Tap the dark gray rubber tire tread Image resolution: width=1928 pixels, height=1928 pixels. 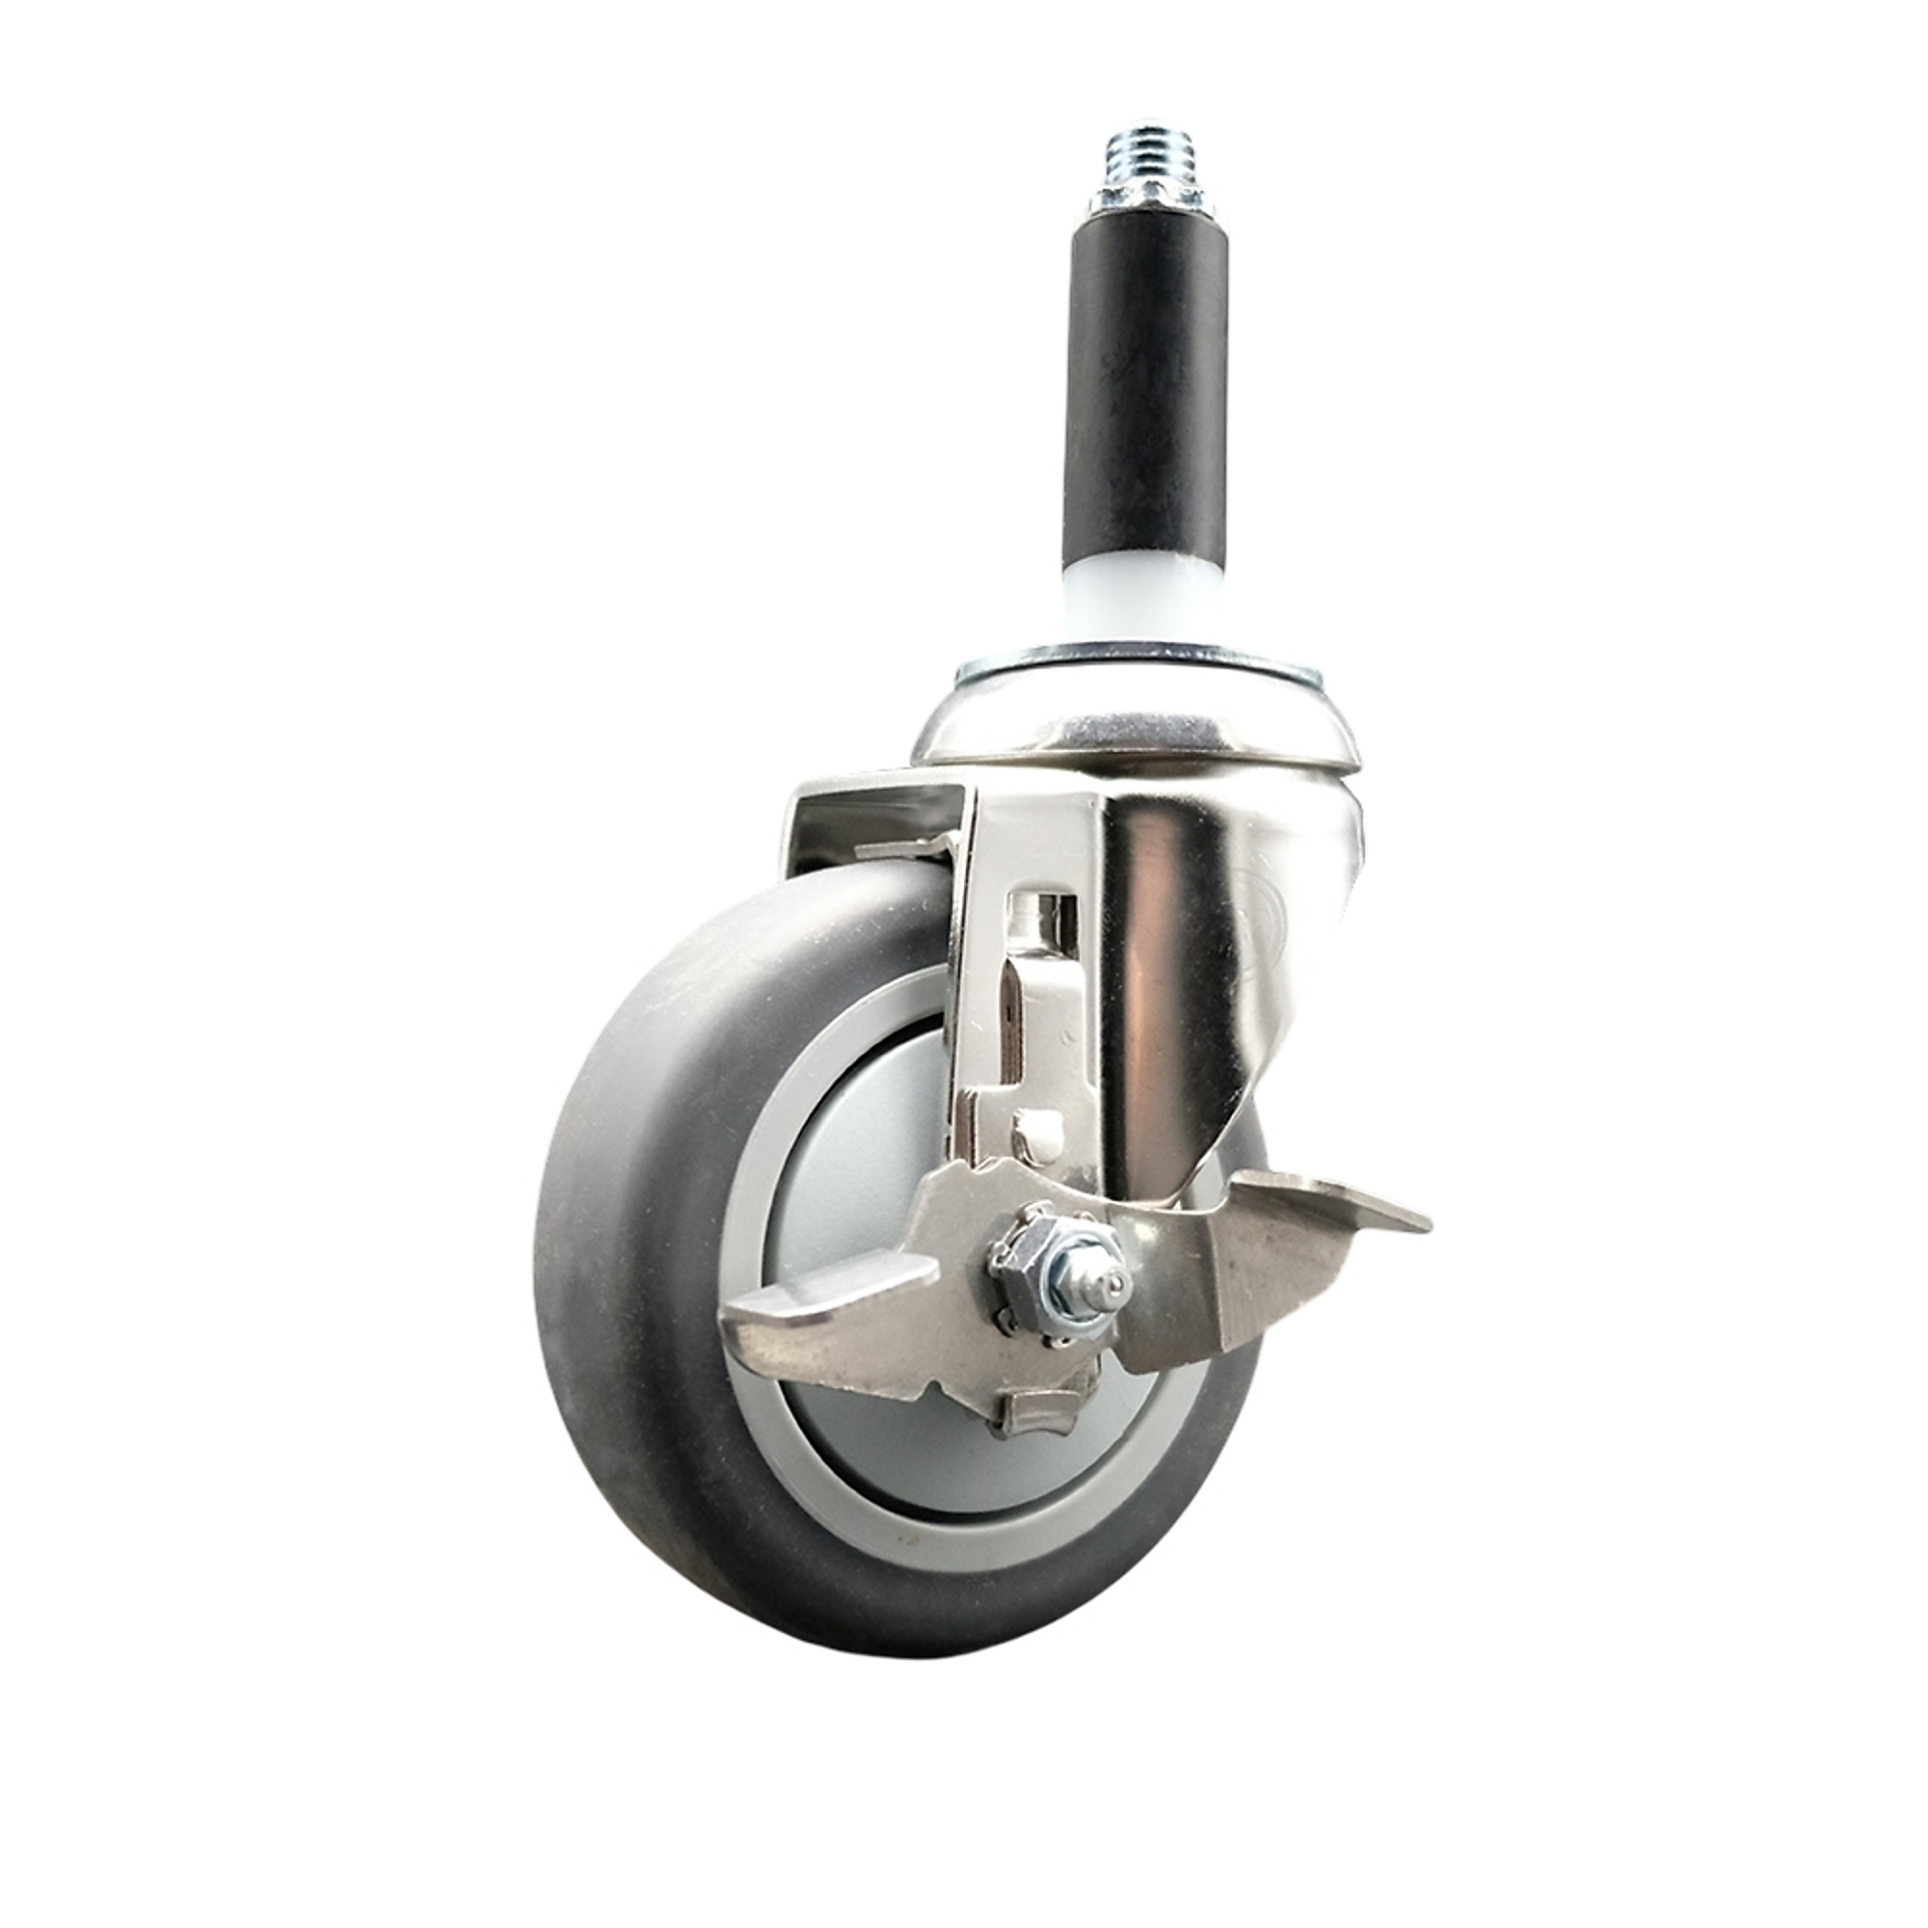click(608, 1247)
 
